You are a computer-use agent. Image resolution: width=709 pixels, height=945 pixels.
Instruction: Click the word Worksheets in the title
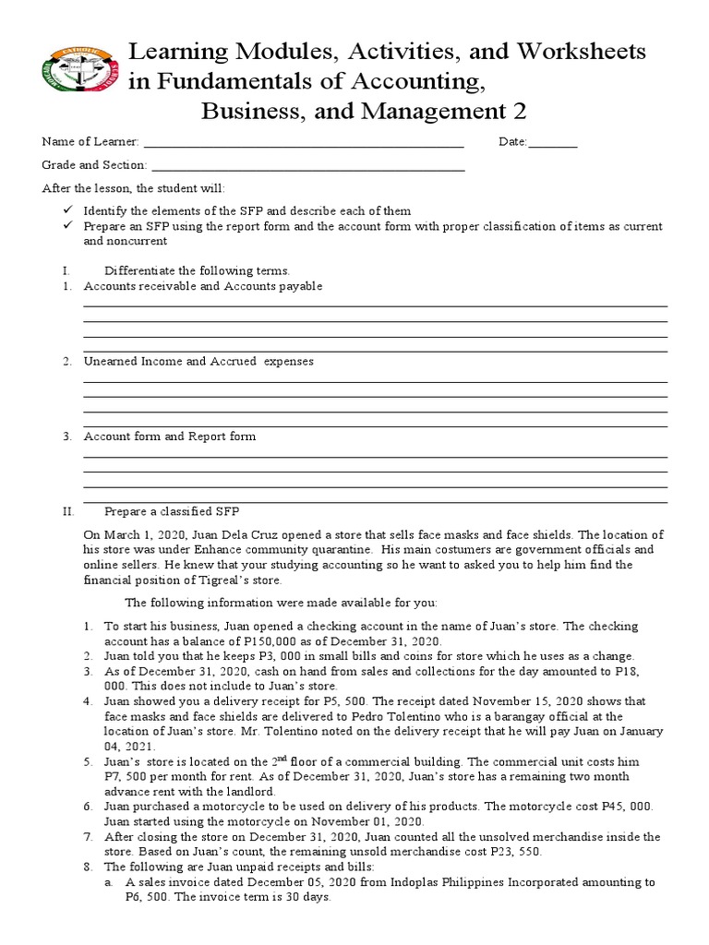tap(571, 51)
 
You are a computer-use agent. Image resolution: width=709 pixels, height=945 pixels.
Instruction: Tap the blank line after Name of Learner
tap(304, 142)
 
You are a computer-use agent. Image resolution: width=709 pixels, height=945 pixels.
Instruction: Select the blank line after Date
tap(553, 142)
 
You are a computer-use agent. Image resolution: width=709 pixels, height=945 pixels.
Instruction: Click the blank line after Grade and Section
tap(307, 165)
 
